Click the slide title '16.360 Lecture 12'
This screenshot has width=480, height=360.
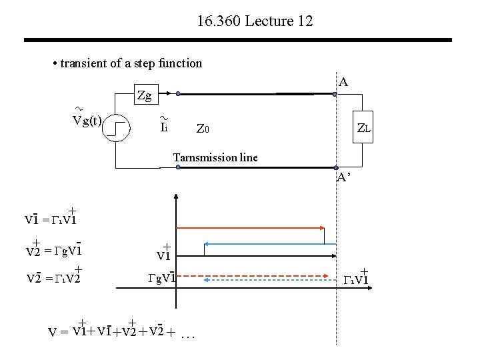click(255, 21)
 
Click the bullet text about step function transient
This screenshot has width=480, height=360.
click(127, 63)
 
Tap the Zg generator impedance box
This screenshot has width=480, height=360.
click(143, 95)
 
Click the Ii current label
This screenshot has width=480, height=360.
click(163, 125)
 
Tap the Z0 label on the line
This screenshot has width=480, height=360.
click(203, 128)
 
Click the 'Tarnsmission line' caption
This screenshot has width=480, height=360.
click(215, 157)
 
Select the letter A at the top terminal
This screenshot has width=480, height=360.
click(343, 83)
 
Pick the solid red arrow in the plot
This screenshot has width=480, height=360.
click(253, 227)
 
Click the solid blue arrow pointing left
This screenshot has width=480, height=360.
click(267, 243)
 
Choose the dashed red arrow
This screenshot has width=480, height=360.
click(253, 273)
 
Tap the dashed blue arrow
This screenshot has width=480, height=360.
click(267, 280)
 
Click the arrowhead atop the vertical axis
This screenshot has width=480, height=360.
click(176, 198)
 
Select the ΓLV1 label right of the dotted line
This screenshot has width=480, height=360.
click(356, 277)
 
